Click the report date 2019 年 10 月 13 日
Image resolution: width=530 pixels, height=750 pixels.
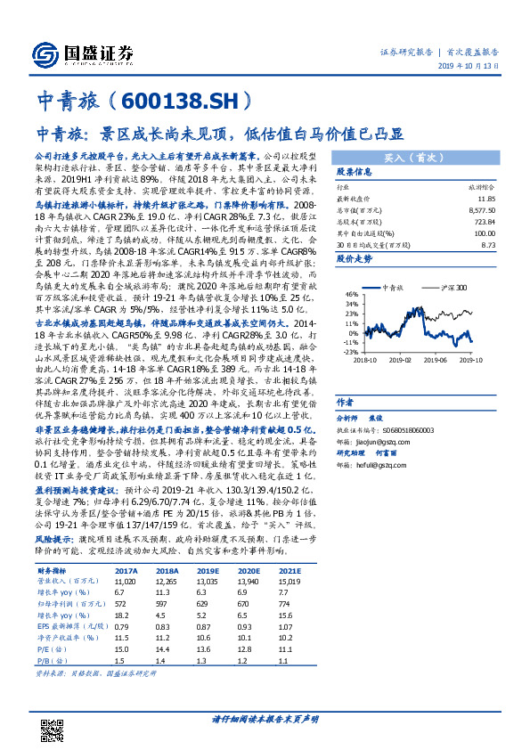coord(476,67)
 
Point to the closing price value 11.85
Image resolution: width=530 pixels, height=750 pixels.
coord(485,199)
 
